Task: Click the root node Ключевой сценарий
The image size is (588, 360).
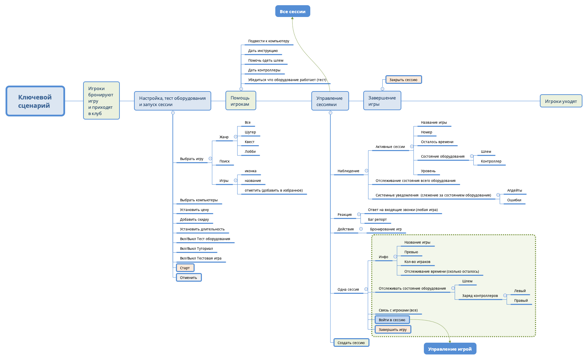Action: (x=35, y=101)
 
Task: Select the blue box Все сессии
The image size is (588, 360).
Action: (x=293, y=11)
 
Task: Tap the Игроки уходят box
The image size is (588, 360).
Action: (x=561, y=101)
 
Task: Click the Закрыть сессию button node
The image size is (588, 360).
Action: (x=403, y=80)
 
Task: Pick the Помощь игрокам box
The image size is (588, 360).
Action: (x=241, y=101)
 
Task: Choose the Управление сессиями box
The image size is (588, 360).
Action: (x=330, y=101)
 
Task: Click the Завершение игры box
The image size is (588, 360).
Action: (x=382, y=101)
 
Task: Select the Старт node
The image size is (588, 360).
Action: (x=185, y=268)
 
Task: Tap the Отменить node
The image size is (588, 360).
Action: (x=188, y=278)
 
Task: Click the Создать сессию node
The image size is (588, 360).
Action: (x=351, y=343)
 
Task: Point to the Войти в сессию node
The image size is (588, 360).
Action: (x=392, y=320)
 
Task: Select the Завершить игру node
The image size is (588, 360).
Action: (x=393, y=330)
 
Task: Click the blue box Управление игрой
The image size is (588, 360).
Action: (x=450, y=349)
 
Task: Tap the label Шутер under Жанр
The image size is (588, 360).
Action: (x=250, y=132)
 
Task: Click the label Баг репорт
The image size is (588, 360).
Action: (x=377, y=220)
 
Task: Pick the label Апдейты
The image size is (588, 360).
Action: (x=515, y=191)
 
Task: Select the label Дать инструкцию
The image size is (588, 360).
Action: (x=263, y=51)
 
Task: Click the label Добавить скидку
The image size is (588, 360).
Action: (x=194, y=220)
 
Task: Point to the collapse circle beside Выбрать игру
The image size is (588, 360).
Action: (x=210, y=159)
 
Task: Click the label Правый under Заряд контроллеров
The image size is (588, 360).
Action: (x=521, y=301)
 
